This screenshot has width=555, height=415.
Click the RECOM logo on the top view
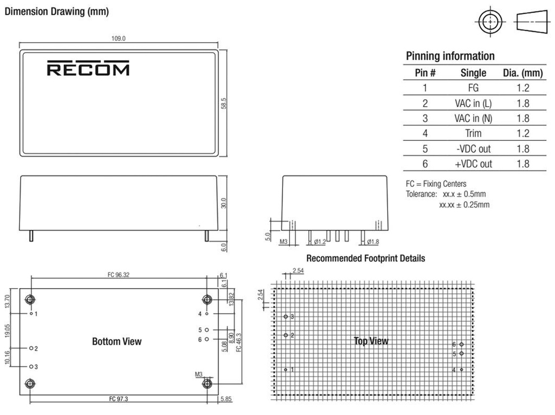click(88, 69)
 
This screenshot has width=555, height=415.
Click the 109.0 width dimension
click(118, 38)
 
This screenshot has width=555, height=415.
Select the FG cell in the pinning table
click(473, 88)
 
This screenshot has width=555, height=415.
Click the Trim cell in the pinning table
click(473, 133)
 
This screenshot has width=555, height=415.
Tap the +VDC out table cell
click(473, 164)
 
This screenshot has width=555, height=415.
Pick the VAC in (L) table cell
click(473, 103)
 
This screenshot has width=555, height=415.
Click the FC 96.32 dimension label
click(118, 275)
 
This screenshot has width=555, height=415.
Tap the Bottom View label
click(117, 341)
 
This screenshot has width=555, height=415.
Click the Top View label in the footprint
click(371, 341)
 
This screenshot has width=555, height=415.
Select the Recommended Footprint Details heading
click(365, 258)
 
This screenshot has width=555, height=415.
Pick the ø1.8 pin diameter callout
click(372, 242)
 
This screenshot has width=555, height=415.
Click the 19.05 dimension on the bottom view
click(8, 330)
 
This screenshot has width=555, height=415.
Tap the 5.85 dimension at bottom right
click(226, 399)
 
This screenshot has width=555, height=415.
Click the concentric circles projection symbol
click(490, 23)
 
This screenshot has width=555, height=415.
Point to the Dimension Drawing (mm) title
click(56, 12)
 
